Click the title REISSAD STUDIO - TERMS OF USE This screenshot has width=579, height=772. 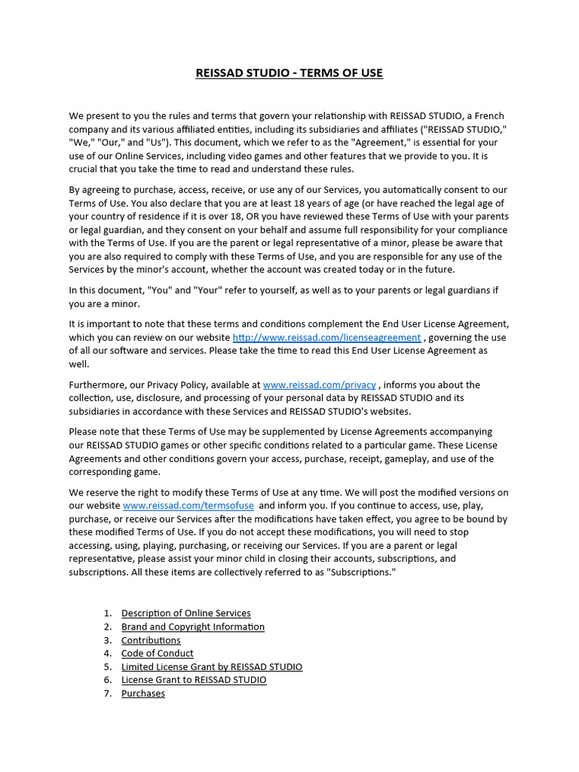point(289,73)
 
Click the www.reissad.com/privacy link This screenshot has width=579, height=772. point(319,384)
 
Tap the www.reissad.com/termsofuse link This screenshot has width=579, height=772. point(188,505)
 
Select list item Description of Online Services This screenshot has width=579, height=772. point(186,614)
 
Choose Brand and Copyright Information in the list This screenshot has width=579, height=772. point(193,627)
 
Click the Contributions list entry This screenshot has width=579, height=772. point(151,641)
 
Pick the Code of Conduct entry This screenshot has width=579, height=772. point(158,654)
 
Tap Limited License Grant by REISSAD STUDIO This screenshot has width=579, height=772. point(212,667)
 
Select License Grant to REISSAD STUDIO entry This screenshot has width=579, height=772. point(194,680)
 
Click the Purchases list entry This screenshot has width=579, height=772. point(143,694)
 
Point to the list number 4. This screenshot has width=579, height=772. point(108,654)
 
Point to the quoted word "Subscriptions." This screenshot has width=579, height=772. point(360,573)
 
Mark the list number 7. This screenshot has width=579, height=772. point(108,694)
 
